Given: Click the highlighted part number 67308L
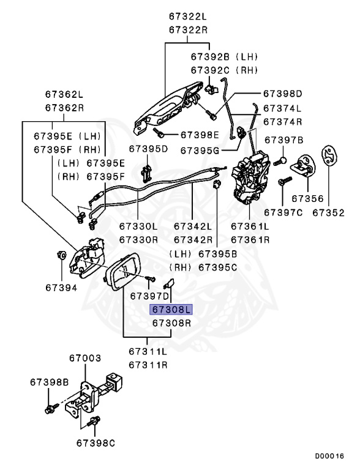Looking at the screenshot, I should (x=171, y=310).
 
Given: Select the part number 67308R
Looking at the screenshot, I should (x=171, y=323).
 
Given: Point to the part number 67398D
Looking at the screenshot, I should (x=283, y=94).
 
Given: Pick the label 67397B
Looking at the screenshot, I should (x=283, y=140).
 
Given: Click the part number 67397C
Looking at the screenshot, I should (x=283, y=213).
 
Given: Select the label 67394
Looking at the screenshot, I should (x=60, y=286).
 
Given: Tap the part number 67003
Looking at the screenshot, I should (x=84, y=357).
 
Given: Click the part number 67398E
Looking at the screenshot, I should (x=199, y=135).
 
